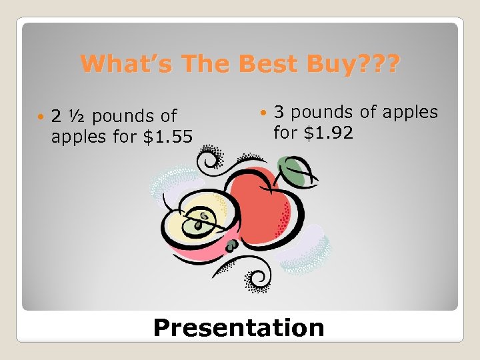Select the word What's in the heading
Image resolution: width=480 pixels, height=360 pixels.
click(121, 65)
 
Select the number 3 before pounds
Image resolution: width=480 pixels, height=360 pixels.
click(279, 112)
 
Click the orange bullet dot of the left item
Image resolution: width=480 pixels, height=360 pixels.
click(41, 117)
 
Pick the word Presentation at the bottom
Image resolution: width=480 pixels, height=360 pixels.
click(239, 328)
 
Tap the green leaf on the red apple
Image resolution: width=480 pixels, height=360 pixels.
click(291, 169)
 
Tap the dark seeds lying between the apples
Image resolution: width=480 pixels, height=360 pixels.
click(231, 245)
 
